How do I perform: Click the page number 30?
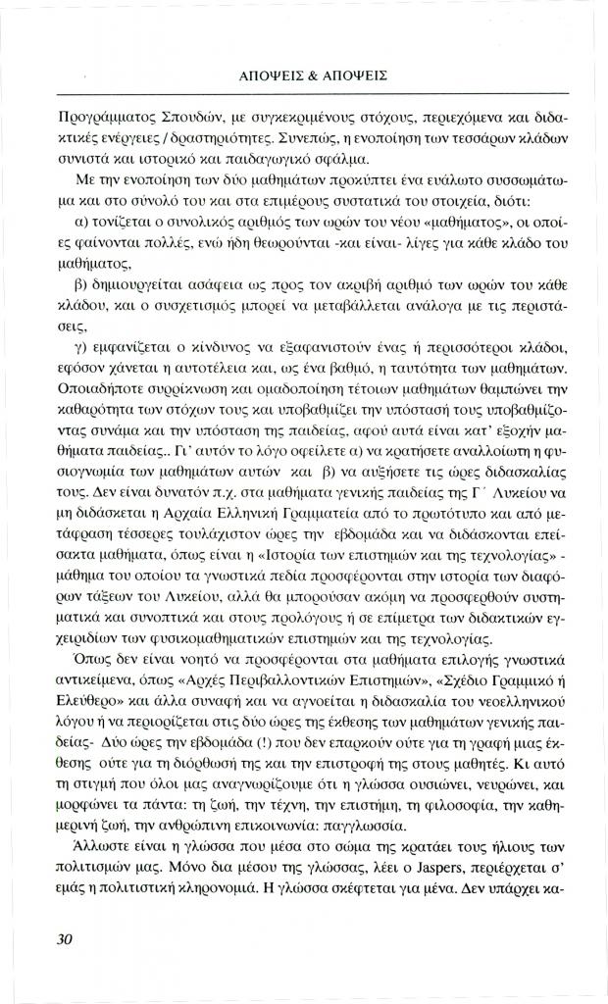(x=66, y=938)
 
